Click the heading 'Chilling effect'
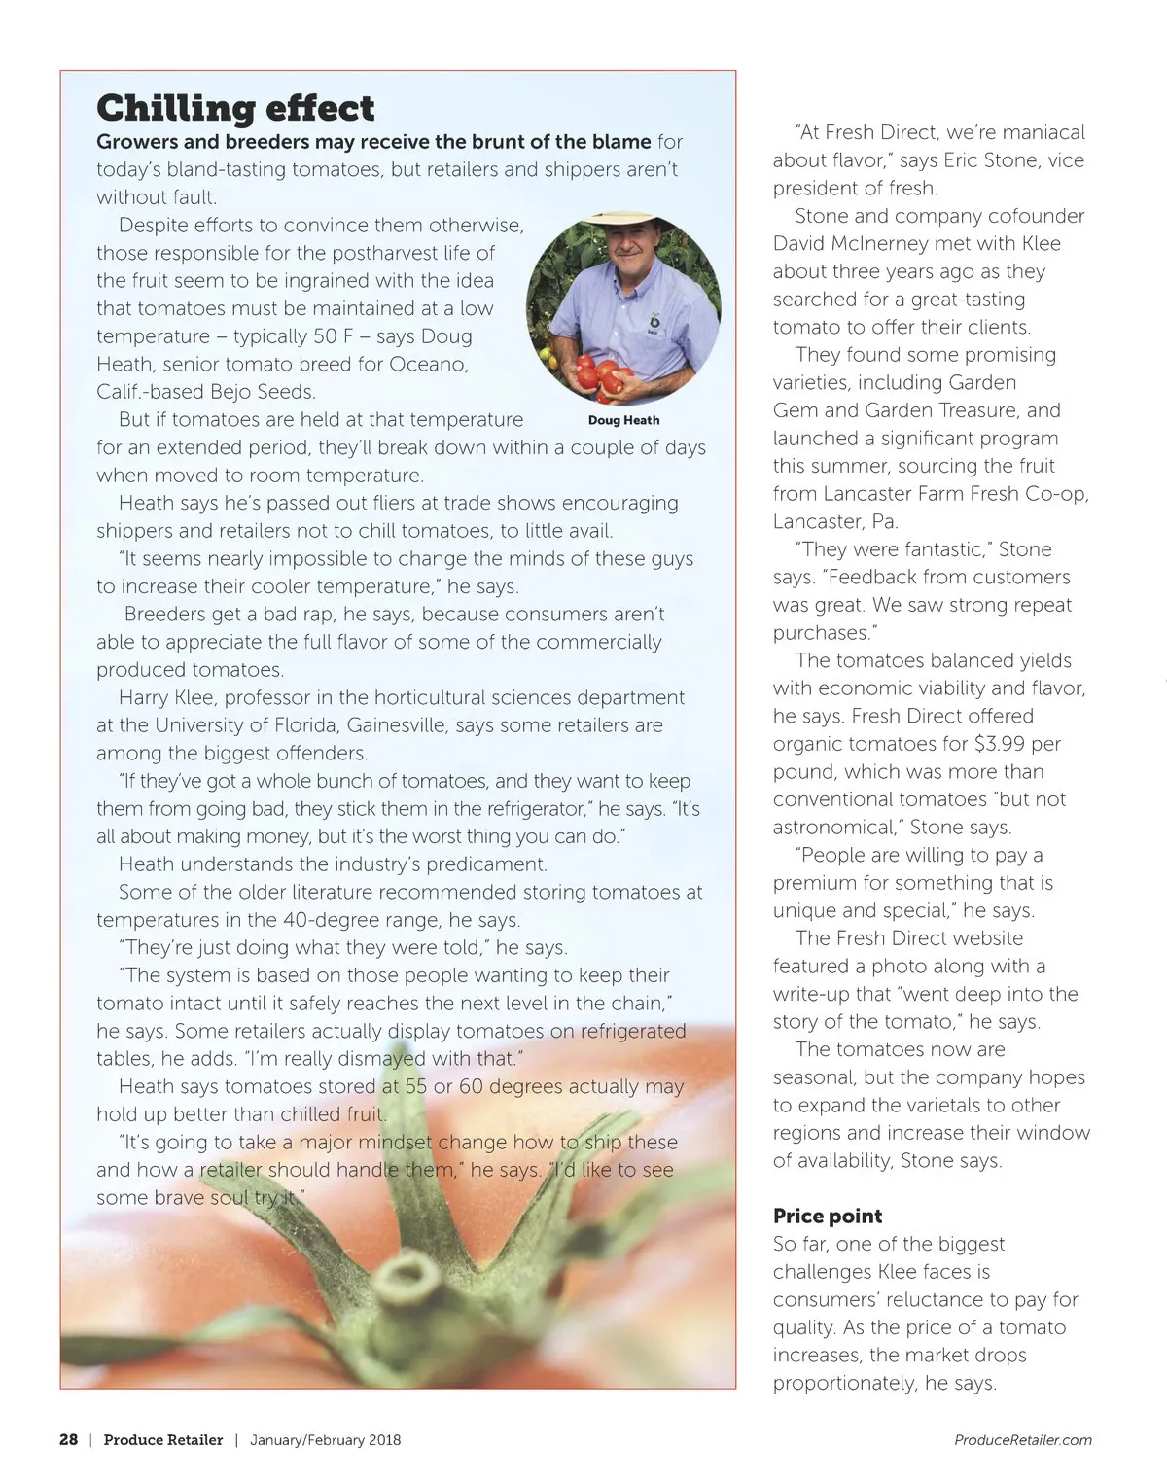(x=235, y=107)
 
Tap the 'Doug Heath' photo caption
(x=623, y=420)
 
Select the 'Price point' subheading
(x=828, y=1216)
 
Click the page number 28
(x=68, y=1440)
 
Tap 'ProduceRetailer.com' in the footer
(x=1023, y=1440)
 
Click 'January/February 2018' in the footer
(x=325, y=1440)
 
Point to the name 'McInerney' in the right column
(x=890, y=243)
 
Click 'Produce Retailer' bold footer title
(x=163, y=1440)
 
